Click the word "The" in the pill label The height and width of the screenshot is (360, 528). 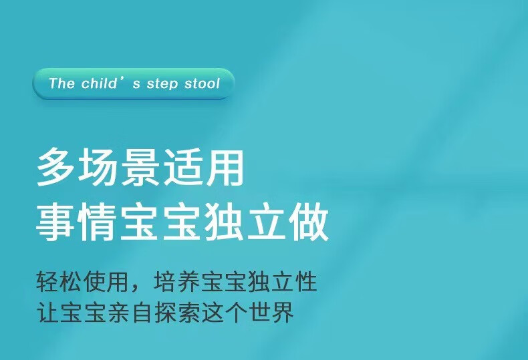pos(61,83)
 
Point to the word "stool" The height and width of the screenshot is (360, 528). pos(202,83)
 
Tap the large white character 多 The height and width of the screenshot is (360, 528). pos(56,167)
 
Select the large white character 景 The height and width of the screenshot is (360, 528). pos(140,167)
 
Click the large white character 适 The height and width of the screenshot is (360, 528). pos(182,167)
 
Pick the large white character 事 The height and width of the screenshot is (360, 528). pos(56,222)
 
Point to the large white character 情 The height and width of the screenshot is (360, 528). pos(98,222)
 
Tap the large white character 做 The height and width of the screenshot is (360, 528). pos(309,222)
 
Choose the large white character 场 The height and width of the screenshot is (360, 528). pos(98,167)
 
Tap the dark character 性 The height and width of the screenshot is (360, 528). pos(305,281)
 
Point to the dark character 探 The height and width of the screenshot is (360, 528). pos(165,312)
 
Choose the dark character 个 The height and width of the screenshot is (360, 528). pos(235,312)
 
